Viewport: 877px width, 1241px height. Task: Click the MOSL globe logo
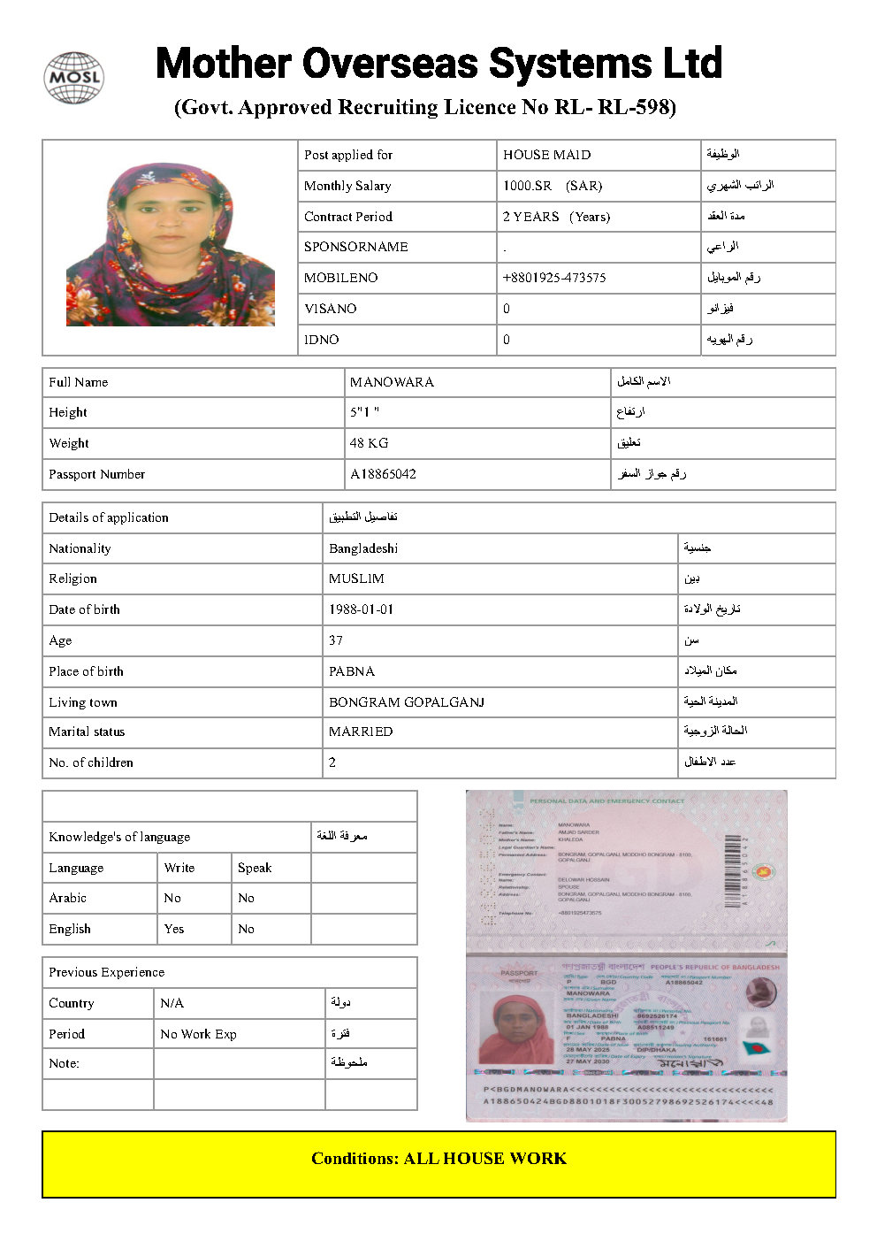click(x=73, y=78)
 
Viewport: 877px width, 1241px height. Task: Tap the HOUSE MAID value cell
click(x=546, y=155)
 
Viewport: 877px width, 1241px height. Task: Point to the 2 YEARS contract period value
click(x=530, y=217)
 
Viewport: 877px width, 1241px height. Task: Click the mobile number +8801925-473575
click(x=554, y=278)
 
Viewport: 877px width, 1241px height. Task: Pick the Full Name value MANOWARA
click(x=392, y=382)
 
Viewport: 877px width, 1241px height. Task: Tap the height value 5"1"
click(x=364, y=412)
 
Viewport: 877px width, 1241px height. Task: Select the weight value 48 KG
click(x=369, y=443)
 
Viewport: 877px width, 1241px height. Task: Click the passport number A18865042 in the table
click(x=383, y=474)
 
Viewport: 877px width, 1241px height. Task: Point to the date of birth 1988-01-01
click(x=361, y=609)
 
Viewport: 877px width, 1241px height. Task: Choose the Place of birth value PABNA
click(x=352, y=671)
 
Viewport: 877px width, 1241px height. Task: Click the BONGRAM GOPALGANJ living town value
click(x=407, y=702)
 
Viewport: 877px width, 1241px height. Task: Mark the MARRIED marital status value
click(x=361, y=732)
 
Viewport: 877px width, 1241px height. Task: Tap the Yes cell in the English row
click(x=174, y=929)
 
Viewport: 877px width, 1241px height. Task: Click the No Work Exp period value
click(x=198, y=1034)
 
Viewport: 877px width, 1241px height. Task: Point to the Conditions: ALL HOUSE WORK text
click(x=438, y=1159)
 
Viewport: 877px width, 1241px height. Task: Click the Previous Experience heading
click(x=106, y=972)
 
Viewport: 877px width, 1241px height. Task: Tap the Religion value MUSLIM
click(x=356, y=578)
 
